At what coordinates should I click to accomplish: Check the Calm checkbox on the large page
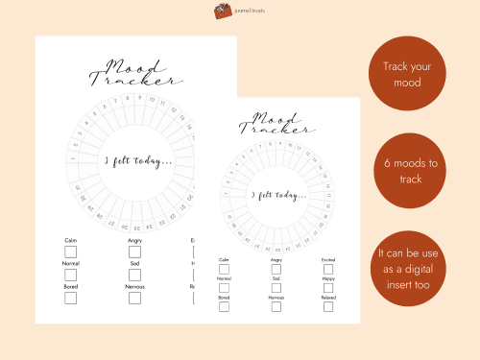[x=70, y=252]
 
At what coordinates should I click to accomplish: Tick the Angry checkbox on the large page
[x=134, y=252]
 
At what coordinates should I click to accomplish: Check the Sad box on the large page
[x=134, y=275]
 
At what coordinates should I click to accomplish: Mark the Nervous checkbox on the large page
[x=134, y=298]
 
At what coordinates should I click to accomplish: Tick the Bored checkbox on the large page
[x=70, y=298]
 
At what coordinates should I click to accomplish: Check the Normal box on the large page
[x=70, y=275]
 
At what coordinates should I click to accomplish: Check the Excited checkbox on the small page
[x=328, y=270]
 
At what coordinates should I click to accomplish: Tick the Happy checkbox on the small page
[x=328, y=288]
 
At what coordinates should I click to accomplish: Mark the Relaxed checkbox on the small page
[x=328, y=307]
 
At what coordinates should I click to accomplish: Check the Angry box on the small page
[x=276, y=270]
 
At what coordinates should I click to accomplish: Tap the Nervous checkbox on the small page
[x=276, y=307]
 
